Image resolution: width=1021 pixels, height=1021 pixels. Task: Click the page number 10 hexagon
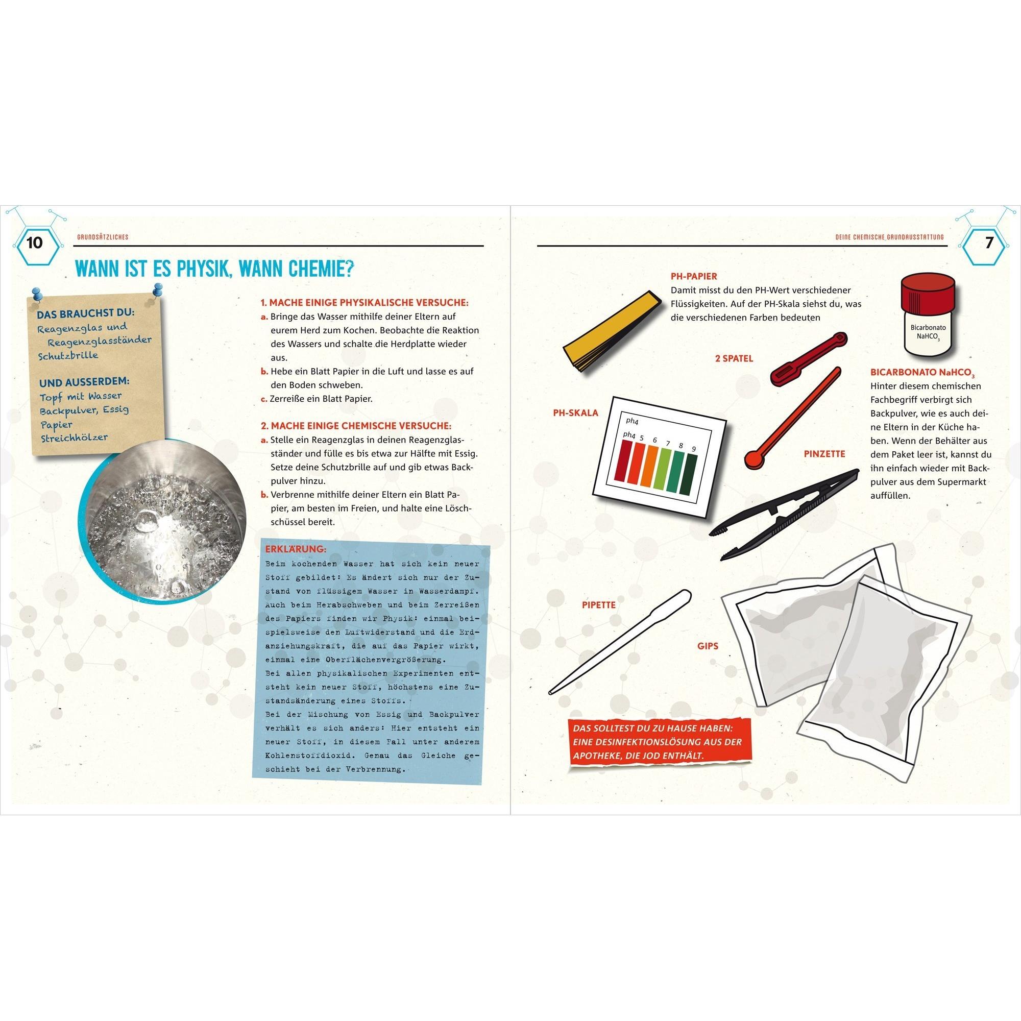pos(34,242)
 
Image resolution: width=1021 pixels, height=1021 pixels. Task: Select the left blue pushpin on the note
pos(37,294)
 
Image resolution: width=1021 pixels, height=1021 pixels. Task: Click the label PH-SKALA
pos(575,412)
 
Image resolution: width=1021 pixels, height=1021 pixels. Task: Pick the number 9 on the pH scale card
pos(693,449)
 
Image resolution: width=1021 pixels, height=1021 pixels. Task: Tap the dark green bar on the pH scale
pos(691,474)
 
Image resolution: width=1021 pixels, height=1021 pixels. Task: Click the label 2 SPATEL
pos(734,358)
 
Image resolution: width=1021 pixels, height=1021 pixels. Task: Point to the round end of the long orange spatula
pos(753,459)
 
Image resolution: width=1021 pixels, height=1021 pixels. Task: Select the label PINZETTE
pos(825,454)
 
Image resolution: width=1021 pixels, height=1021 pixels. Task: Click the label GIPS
pos(708,646)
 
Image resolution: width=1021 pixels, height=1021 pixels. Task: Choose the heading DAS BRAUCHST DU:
pos(85,313)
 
